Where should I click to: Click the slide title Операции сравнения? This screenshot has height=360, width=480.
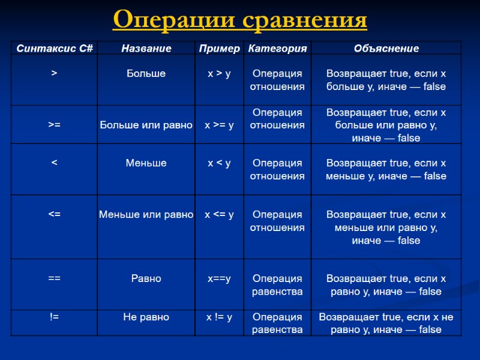click(239, 20)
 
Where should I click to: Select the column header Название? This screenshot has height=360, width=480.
click(146, 49)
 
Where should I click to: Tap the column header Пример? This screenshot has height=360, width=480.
click(219, 49)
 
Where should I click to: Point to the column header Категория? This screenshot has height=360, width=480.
click(277, 49)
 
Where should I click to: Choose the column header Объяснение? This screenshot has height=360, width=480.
click(386, 49)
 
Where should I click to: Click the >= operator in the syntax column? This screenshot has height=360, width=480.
click(55, 125)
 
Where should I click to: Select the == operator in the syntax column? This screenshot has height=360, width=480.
click(55, 278)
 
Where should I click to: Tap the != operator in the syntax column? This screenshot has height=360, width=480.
click(55, 317)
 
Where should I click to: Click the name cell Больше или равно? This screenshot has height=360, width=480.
click(146, 125)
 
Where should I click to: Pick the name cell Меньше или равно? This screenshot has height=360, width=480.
click(146, 214)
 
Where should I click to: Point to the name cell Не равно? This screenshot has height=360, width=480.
click(146, 317)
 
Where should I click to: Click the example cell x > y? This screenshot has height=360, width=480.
click(219, 74)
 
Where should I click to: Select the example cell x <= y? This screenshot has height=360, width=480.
click(219, 214)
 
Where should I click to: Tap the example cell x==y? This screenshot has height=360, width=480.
click(219, 278)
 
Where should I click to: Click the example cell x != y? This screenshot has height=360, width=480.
click(219, 317)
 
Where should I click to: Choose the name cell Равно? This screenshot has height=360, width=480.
click(146, 278)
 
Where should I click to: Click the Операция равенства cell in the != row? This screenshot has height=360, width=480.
click(277, 323)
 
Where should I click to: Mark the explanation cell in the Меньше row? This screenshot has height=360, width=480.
click(386, 169)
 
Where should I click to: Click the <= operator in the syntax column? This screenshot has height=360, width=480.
click(55, 214)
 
